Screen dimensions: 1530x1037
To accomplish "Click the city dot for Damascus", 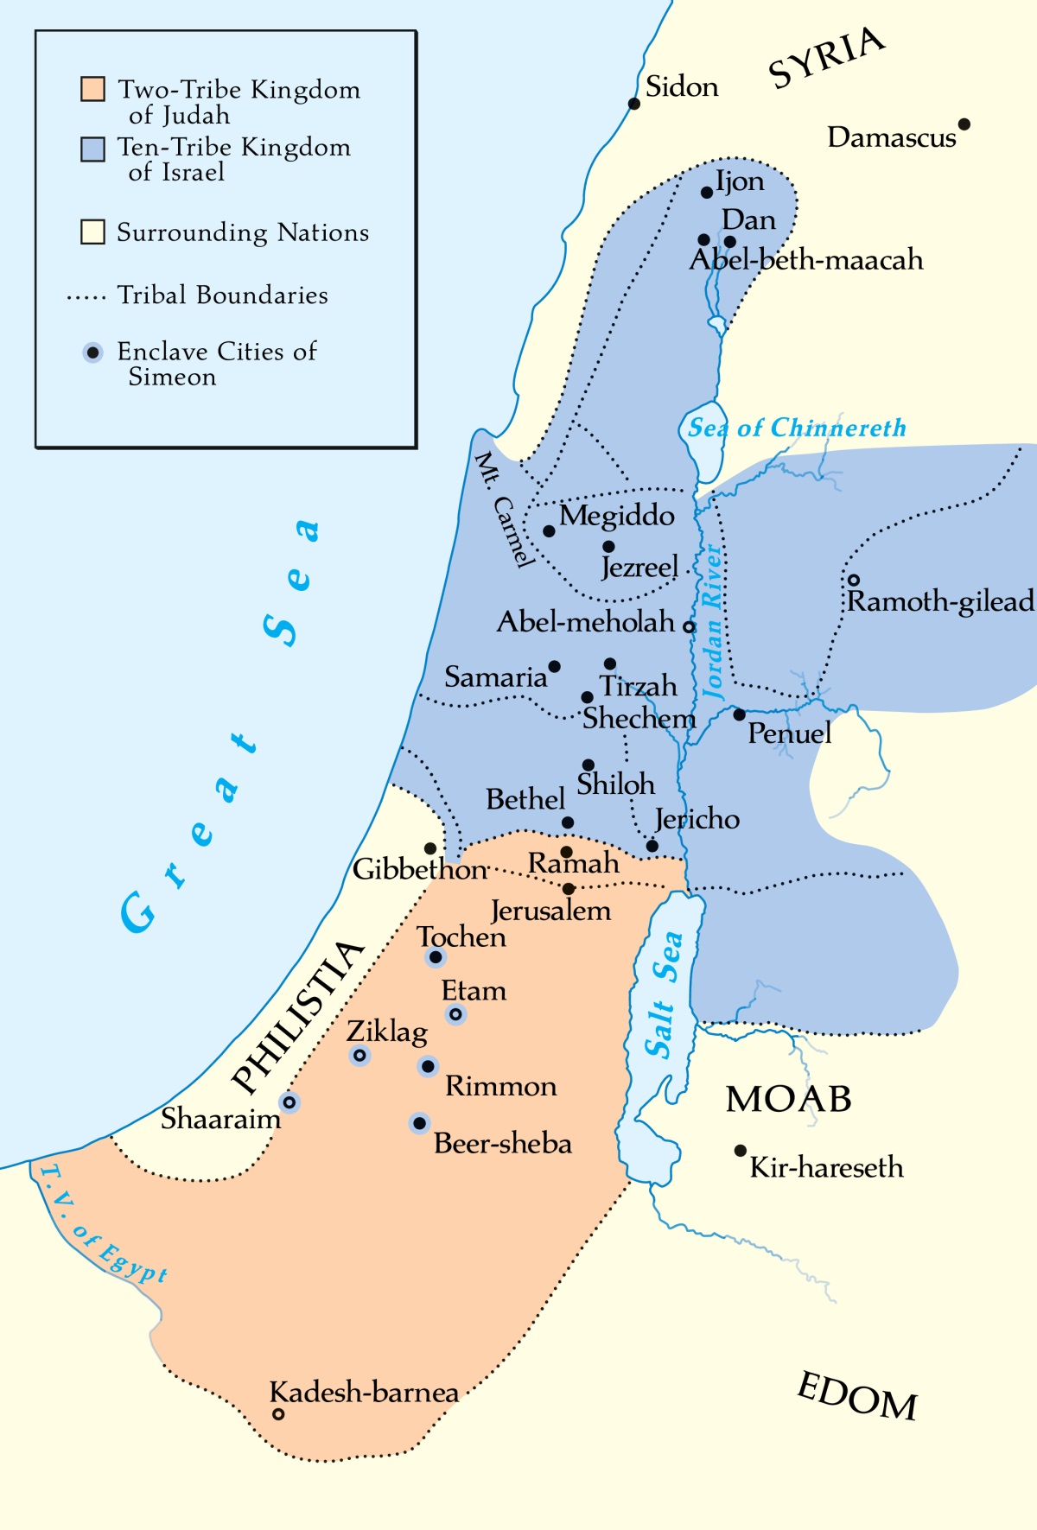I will [x=964, y=124].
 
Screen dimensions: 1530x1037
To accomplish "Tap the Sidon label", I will [x=682, y=87].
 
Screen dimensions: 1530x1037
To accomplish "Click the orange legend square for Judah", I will [x=92, y=89].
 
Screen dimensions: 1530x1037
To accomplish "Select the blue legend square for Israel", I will [x=92, y=149].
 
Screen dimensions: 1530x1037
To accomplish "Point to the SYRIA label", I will [x=826, y=58].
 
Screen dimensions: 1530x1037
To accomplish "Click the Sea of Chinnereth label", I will [x=796, y=428].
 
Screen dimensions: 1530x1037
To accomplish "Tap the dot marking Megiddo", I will [x=549, y=531].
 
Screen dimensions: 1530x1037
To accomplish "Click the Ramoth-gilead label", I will [x=940, y=601].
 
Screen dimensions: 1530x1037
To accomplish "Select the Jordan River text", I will [x=712, y=620].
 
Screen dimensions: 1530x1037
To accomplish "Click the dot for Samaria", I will [x=554, y=666].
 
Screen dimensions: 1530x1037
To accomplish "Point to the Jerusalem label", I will [x=550, y=911].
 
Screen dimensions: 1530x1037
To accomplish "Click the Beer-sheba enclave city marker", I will [x=419, y=1123].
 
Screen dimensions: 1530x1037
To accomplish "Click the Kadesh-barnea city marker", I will [x=278, y=1414].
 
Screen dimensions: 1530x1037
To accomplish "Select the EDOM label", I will [x=856, y=1397].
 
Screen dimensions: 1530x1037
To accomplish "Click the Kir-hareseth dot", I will [x=740, y=1151].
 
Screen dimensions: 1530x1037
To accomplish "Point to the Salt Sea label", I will [x=664, y=994].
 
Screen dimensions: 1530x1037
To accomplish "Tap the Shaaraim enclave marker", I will [x=289, y=1102].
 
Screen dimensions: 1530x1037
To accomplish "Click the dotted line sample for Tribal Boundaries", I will [x=86, y=298].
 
